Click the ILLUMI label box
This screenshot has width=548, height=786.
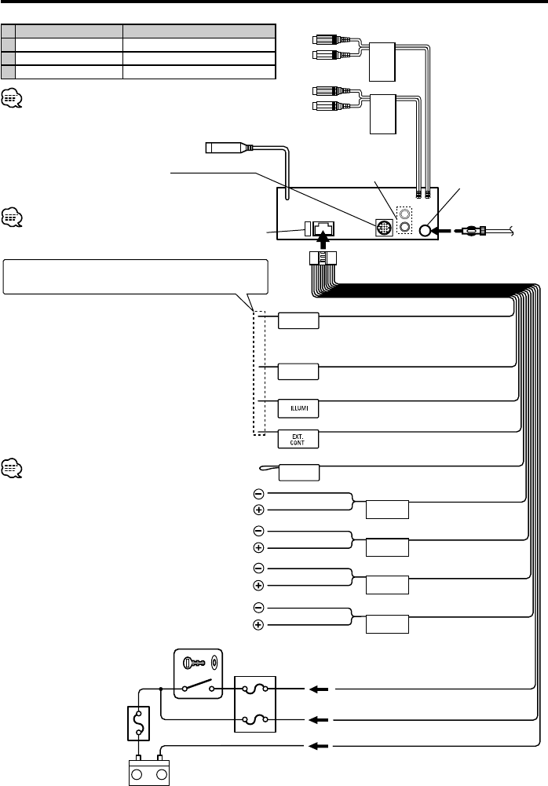298,408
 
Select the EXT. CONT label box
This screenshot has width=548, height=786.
298,437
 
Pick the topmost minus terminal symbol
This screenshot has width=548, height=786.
258,493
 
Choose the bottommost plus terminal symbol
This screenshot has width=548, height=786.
258,625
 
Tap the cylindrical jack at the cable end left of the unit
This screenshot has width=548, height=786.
222,147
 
